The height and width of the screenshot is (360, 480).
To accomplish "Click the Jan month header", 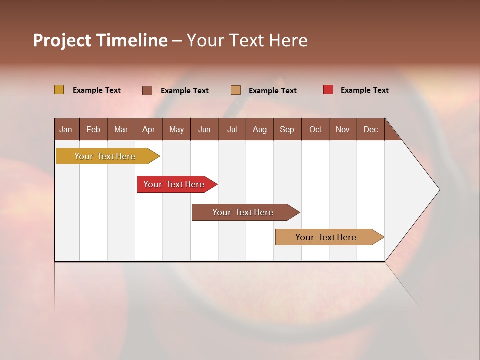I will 66,129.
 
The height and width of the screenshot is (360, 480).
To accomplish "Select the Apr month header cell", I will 149,129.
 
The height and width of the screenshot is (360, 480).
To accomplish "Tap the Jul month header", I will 232,129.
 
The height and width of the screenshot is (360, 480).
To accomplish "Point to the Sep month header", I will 287,129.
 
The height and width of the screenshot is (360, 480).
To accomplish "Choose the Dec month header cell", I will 370,129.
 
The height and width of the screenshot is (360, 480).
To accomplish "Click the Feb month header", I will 93,129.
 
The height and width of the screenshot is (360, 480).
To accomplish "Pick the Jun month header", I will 204,129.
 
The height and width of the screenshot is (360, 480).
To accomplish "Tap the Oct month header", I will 315,129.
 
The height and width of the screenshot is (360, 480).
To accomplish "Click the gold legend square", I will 59,90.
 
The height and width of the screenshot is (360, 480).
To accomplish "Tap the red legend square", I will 328,90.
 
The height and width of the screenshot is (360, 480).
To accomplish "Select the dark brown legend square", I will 147,90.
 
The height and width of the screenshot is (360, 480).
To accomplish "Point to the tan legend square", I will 236,90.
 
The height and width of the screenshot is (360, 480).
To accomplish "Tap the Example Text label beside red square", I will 364,90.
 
